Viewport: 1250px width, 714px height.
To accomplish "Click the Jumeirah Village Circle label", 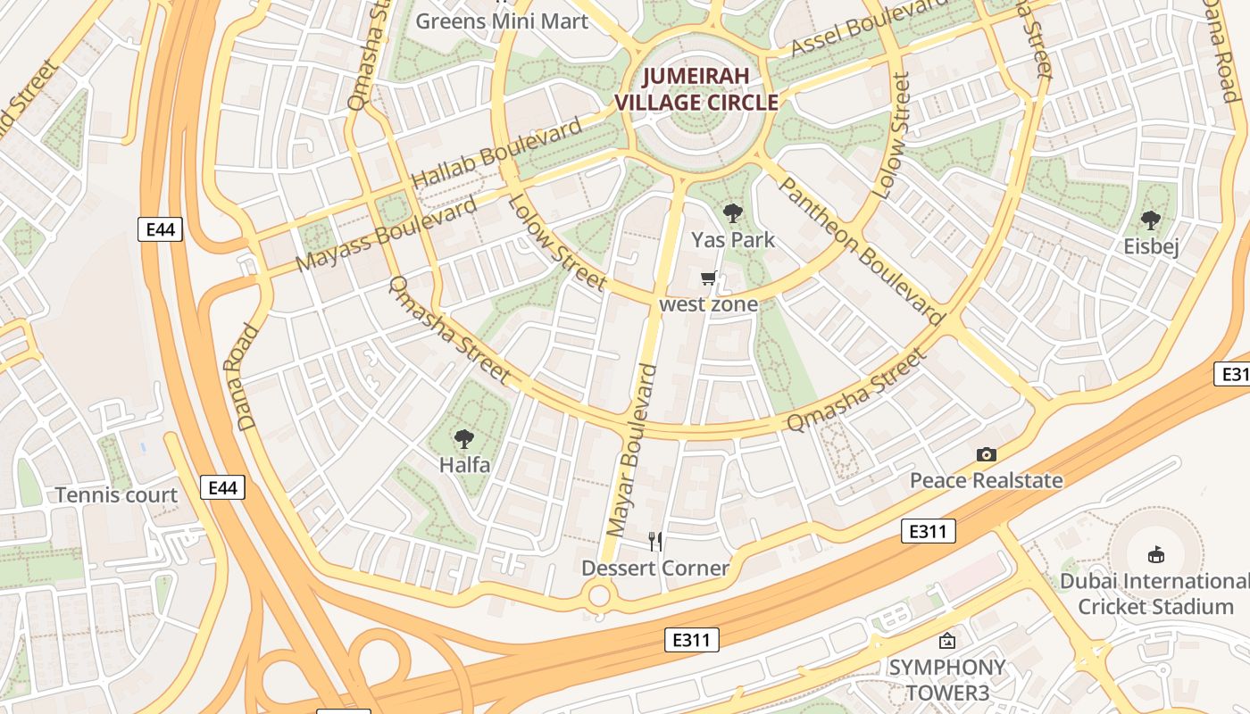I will pos(696,89).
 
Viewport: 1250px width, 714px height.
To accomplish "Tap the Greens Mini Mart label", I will pos(503,21).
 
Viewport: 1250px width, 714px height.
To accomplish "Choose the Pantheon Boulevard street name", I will pos(862,251).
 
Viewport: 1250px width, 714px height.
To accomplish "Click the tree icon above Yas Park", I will pos(733,213).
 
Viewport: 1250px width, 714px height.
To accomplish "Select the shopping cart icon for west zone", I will pos(709,278).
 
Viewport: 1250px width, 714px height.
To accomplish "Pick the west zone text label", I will pos(708,304).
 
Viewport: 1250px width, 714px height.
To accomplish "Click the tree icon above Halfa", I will pos(463,438).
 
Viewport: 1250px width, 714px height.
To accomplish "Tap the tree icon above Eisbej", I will pos(1151,220).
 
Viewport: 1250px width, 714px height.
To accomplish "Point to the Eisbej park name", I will pos(1151,246).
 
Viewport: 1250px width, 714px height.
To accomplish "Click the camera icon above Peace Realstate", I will pos(986,454).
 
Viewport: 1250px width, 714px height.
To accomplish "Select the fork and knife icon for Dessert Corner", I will pos(655,541).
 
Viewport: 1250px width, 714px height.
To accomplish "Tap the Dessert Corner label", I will pos(655,568).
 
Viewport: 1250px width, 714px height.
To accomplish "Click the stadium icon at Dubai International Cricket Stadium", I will pos(1156,554).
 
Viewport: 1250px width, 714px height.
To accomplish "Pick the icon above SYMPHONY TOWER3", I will pos(946,641).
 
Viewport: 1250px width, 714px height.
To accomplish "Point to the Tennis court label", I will pos(116,495).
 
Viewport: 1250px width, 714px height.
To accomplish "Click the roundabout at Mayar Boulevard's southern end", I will pos(600,594).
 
